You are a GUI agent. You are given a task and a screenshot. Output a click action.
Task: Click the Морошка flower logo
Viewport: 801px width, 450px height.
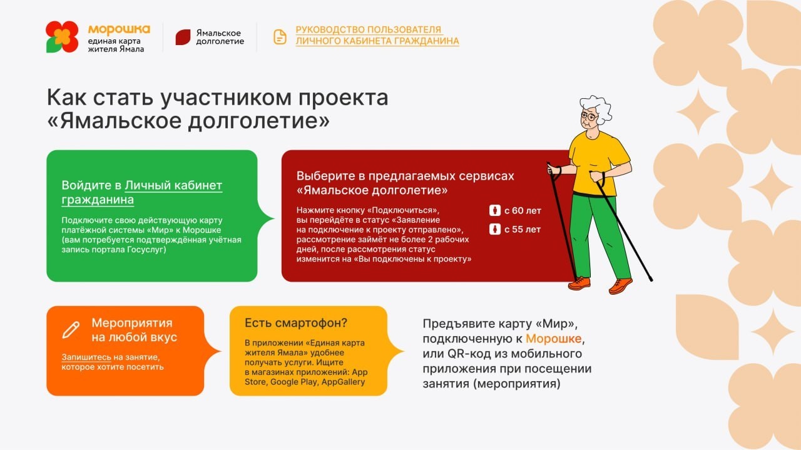tap(62, 37)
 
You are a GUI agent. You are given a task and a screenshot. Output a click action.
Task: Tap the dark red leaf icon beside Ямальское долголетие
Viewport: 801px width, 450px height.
tap(183, 37)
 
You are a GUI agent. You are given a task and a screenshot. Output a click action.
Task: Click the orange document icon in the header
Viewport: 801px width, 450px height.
tap(280, 37)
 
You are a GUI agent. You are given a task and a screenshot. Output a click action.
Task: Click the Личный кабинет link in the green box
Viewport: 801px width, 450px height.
tap(173, 185)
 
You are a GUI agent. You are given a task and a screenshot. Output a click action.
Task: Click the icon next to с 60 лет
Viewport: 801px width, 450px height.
tap(495, 210)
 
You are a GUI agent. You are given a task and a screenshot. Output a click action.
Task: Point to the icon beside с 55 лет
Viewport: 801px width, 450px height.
tap(495, 229)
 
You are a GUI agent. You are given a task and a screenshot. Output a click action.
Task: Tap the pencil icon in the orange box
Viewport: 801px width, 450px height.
tap(71, 330)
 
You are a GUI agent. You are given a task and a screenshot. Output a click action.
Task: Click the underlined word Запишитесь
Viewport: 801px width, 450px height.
tap(86, 357)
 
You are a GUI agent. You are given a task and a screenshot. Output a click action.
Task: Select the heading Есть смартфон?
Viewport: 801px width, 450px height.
tap(296, 323)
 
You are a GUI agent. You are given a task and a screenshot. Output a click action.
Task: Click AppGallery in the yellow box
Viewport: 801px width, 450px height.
tap(343, 382)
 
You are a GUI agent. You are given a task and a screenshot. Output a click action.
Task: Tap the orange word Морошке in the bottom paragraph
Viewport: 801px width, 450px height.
tap(554, 339)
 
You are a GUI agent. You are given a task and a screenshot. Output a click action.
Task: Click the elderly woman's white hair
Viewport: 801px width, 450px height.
tap(598, 107)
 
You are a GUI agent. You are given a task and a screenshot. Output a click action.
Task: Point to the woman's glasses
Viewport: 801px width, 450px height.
tap(589, 116)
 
